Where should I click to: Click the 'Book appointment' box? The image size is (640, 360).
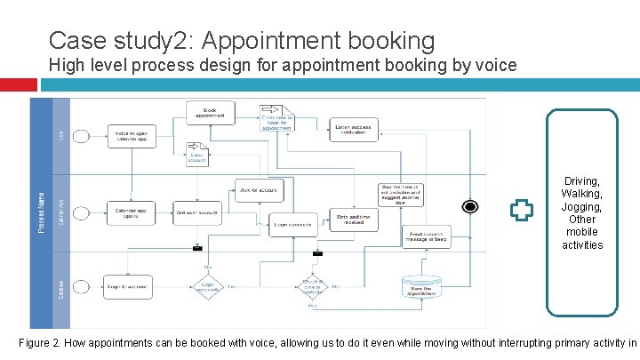click(x=210, y=112)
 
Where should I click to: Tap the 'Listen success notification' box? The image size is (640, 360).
click(x=354, y=130)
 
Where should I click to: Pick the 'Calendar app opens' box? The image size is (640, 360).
click(x=130, y=212)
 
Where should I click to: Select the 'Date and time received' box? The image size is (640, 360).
click(x=354, y=218)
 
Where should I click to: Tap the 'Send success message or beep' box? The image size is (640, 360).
click(x=426, y=236)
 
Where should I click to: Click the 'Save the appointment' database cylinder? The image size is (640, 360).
click(x=420, y=286)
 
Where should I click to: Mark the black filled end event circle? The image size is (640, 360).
click(x=470, y=206)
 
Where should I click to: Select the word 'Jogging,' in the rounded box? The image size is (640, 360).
click(x=582, y=206)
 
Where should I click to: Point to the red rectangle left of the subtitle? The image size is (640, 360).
click(x=19, y=84)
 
